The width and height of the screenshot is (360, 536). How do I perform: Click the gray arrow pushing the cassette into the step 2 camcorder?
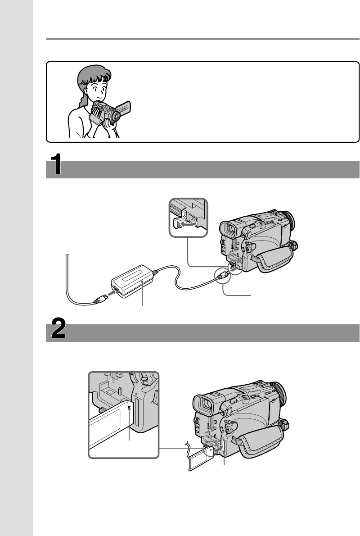click(x=217, y=450)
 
